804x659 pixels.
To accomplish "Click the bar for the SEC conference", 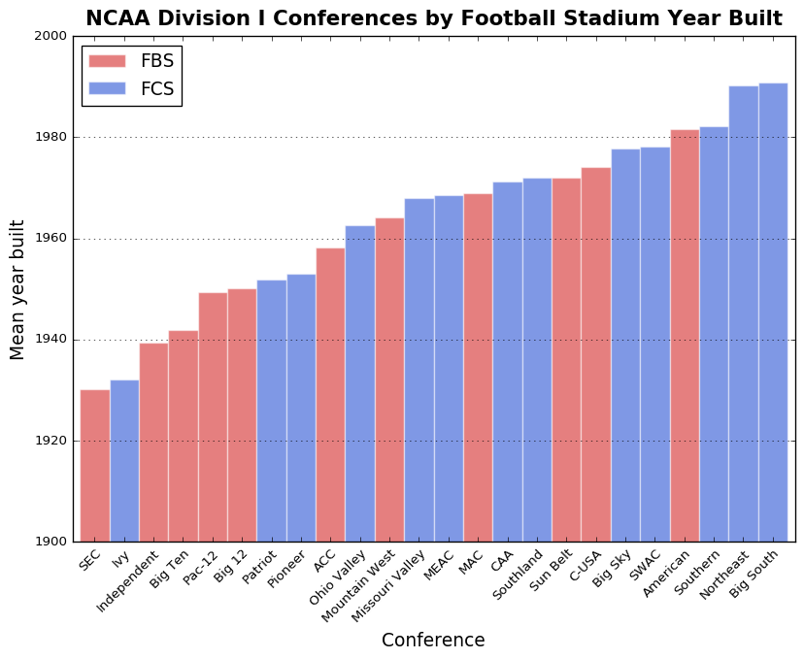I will pos(95,466).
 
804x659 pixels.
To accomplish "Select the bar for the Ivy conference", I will pos(124,461).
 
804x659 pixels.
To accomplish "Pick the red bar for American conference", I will pos(685,336).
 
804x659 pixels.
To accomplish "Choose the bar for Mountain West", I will pos(389,379).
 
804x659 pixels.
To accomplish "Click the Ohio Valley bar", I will pos(360,383).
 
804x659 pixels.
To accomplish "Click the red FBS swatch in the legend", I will pos(107,61).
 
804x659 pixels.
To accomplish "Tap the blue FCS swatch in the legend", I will pos(107,89).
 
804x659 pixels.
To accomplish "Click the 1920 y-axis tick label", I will pos(53,441).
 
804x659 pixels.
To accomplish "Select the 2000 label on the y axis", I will pos(53,37).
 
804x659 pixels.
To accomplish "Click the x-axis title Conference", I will pos(433,641).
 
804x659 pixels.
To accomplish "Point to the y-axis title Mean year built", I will pos(18,289).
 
